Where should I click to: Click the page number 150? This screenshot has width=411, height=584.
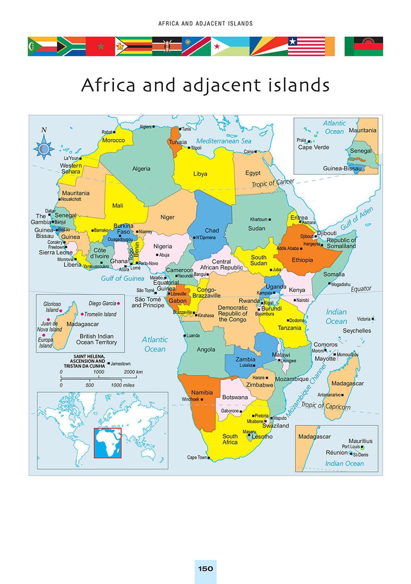click(205, 569)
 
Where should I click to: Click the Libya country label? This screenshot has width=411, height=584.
click(200, 174)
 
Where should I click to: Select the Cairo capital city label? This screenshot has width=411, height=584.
click(248, 152)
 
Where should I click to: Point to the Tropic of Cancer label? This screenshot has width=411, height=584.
click(273, 183)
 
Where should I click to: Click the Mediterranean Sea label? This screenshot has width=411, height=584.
click(224, 141)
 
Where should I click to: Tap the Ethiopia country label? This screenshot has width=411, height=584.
click(302, 260)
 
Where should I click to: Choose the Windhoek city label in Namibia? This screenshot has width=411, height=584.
click(191, 399)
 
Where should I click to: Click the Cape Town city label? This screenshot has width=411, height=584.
click(197, 457)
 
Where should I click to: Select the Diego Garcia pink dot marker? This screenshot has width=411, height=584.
click(118, 303)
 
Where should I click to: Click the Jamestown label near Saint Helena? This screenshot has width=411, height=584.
click(120, 364)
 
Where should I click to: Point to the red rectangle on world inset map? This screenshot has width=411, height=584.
click(108, 443)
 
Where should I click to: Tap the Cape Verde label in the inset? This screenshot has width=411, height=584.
click(313, 147)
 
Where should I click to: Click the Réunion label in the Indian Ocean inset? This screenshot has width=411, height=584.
click(337, 452)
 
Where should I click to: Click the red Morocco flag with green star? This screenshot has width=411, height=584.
click(100, 46)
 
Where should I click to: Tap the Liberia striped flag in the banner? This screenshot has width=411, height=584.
click(306, 46)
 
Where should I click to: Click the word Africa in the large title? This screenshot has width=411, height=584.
click(108, 85)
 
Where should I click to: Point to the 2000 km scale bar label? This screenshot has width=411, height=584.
click(133, 372)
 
